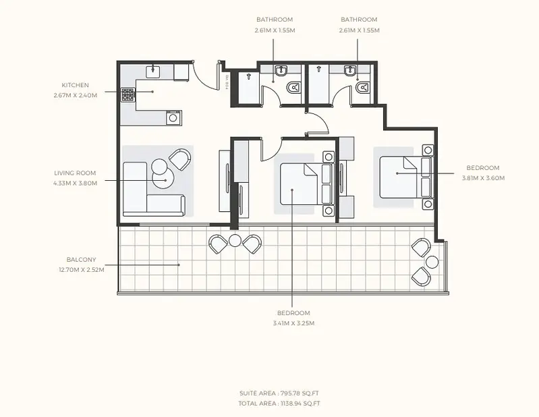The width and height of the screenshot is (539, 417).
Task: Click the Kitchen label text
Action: point(76,85)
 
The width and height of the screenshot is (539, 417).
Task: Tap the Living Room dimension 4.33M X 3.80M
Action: point(76,184)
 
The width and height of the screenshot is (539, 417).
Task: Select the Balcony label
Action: point(81,260)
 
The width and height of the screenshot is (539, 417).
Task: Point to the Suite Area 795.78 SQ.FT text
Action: point(279,393)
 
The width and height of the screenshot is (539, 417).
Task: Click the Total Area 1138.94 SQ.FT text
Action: point(279,404)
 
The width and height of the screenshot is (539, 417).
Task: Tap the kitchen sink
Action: point(153,71)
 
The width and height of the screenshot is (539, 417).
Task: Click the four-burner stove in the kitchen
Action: point(128,94)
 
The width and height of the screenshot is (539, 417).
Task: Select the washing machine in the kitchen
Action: point(173,118)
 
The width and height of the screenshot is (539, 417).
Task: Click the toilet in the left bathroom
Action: point(293,88)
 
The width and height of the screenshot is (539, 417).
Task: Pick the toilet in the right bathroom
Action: point(362,88)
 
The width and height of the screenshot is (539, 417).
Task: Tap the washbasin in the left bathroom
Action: point(281,70)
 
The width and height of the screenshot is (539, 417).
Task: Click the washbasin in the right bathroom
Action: point(350,70)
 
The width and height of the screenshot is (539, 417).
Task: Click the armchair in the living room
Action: point(180,159)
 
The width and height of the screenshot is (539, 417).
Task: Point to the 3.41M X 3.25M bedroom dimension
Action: point(294,323)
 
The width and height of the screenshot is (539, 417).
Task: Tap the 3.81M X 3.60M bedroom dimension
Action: point(483,178)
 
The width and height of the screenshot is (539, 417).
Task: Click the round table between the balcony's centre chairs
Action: point(235,241)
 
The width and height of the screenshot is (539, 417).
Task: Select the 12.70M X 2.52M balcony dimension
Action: point(82,270)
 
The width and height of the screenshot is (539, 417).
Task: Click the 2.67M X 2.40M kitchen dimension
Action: point(76,96)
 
